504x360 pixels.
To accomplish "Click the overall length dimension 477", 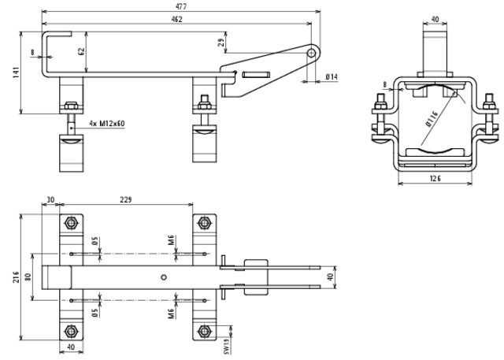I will point(181,6).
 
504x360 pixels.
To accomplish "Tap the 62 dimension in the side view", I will point(81,53).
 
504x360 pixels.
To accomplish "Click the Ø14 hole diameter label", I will point(332,76).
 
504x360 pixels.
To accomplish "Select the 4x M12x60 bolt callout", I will point(107,123).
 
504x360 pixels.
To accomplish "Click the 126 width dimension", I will point(435,179).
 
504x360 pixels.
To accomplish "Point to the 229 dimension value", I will point(125,200).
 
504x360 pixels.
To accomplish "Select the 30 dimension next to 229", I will point(51,200).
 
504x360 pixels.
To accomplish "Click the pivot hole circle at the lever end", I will point(313,53).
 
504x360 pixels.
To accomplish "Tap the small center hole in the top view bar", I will point(164,276).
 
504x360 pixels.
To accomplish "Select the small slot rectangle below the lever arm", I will point(258,75).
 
